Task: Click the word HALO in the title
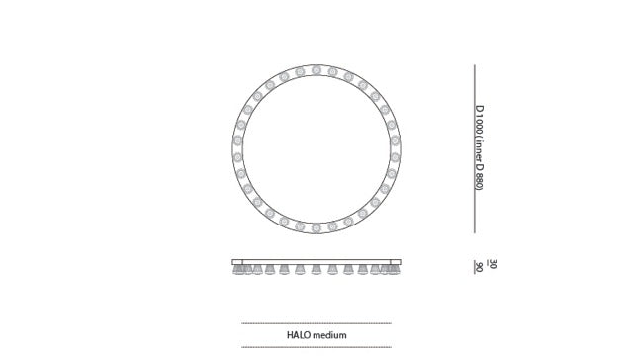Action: (x=300, y=335)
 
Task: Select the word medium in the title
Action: (x=330, y=335)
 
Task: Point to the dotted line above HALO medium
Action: (x=316, y=323)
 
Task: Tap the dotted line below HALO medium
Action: (x=316, y=347)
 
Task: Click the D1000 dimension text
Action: (x=479, y=121)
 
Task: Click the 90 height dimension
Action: (x=479, y=268)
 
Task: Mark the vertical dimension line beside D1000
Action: (x=474, y=148)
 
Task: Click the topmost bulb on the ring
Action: (x=316, y=70)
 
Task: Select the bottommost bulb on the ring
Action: (x=316, y=227)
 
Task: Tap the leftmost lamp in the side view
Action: (x=238, y=269)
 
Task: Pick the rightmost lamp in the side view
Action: (x=393, y=269)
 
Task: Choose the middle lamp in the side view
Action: (x=316, y=269)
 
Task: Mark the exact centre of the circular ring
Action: (x=316, y=149)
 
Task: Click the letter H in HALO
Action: (x=290, y=335)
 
